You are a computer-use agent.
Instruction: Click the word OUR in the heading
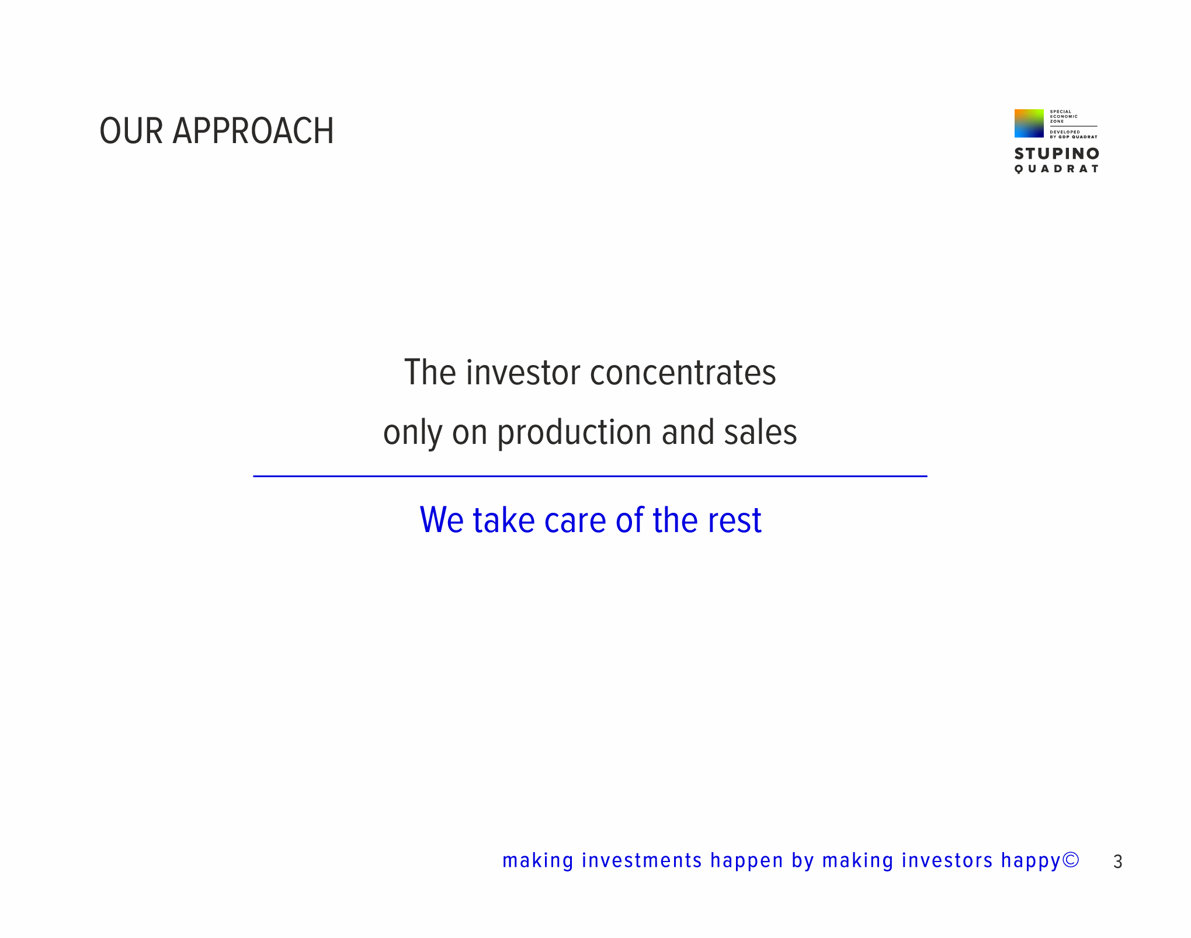click(x=131, y=131)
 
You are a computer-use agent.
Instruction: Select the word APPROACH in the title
click(x=254, y=131)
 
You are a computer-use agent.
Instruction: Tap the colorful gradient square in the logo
click(x=1029, y=123)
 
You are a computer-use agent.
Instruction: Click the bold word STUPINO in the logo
click(x=1057, y=154)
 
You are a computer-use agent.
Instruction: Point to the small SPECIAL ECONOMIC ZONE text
click(x=1064, y=116)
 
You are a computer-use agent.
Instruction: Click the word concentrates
click(x=683, y=373)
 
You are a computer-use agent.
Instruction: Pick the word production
click(x=574, y=433)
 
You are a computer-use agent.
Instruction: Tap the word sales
click(x=761, y=432)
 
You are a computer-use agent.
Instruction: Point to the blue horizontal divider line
click(x=590, y=476)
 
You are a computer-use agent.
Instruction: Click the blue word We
click(x=442, y=520)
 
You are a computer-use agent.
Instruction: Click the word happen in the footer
click(x=746, y=861)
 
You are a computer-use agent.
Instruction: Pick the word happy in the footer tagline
click(x=1031, y=861)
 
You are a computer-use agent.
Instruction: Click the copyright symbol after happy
click(x=1071, y=860)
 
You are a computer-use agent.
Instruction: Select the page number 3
click(x=1117, y=862)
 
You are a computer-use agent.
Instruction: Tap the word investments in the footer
click(x=642, y=861)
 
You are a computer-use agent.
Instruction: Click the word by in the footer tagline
click(x=803, y=861)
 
